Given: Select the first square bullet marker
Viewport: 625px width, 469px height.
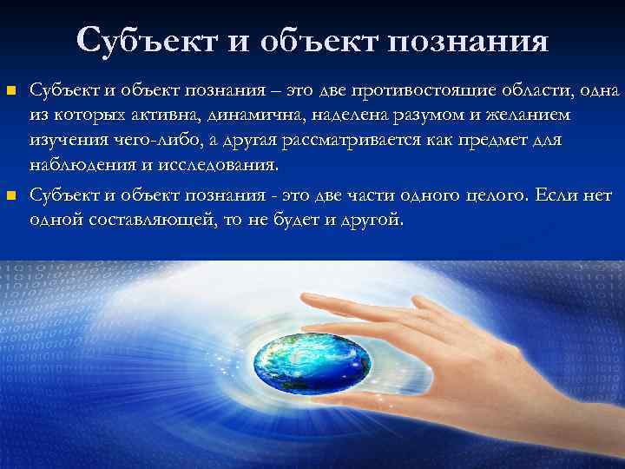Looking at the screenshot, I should coord(11,89).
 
